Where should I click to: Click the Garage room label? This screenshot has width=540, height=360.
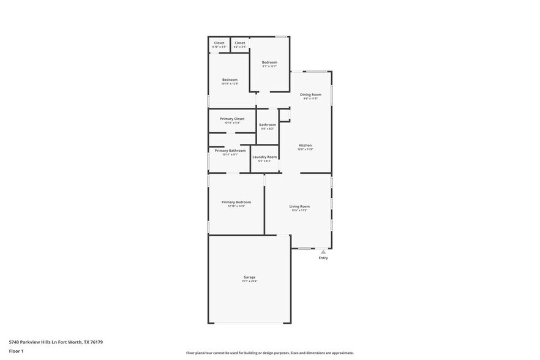[x=249, y=277]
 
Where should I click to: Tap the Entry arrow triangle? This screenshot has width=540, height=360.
[x=323, y=252]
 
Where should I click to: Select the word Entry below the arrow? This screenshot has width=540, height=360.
[x=323, y=258]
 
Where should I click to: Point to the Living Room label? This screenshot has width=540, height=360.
[x=299, y=206]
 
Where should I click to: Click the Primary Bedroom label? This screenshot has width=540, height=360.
[x=236, y=202]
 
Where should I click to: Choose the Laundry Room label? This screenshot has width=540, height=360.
[x=265, y=157]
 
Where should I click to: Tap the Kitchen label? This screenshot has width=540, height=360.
[x=305, y=145]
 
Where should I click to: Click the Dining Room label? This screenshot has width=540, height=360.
[x=310, y=94]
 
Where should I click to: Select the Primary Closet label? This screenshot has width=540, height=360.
[x=232, y=119]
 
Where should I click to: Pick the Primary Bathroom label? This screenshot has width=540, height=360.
[x=230, y=150]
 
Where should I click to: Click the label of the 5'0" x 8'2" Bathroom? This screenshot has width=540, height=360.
[x=268, y=125]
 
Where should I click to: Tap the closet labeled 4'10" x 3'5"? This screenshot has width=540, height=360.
[x=219, y=43]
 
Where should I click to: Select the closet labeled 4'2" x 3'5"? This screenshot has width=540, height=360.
[x=240, y=43]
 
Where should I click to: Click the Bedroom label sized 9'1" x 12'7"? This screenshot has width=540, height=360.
[x=269, y=62]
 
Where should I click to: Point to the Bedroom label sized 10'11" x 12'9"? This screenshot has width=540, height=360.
[x=230, y=80]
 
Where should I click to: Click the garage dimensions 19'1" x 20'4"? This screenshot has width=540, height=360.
[x=249, y=282]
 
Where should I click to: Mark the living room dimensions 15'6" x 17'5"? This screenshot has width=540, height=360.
[x=299, y=211]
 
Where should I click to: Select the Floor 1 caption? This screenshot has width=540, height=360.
[x=16, y=351]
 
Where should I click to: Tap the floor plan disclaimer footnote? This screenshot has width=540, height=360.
[x=269, y=353]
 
